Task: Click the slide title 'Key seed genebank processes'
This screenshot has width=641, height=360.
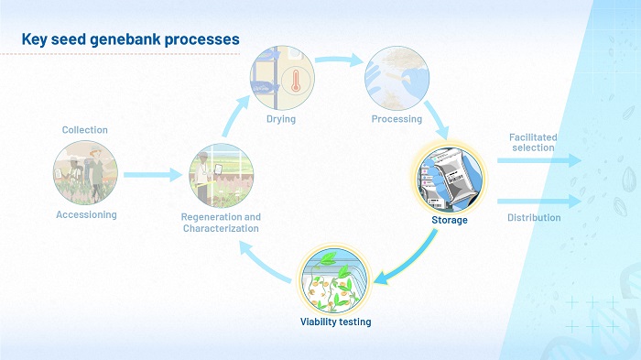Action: [130, 39]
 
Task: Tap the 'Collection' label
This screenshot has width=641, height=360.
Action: [84, 130]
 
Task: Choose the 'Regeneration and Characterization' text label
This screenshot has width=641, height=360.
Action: [222, 223]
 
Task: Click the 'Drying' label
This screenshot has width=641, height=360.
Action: [281, 119]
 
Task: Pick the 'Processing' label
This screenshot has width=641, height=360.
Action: [397, 119]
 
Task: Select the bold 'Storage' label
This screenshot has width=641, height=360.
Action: [450, 220]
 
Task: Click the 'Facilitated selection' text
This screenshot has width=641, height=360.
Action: [532, 142]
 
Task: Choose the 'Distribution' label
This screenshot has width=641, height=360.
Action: [534, 218]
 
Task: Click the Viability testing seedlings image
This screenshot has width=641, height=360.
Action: [336, 278]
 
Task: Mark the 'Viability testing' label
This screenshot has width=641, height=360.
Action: [336, 322]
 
